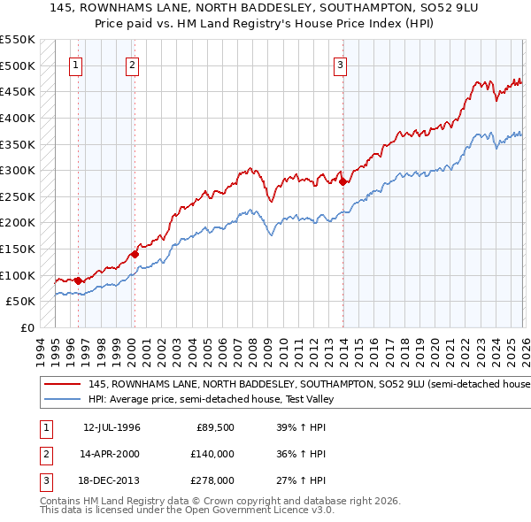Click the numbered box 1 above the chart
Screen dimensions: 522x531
coord(75,64)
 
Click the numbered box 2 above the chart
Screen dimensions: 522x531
coord(131,64)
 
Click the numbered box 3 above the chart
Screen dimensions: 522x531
coord(340,64)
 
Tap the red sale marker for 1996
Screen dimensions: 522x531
coord(78,280)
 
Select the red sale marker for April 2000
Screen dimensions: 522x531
coord(135,254)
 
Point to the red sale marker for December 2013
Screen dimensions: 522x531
coord(342,181)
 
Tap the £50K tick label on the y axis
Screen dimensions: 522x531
coord(21,302)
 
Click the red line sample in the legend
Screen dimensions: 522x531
coord(62,385)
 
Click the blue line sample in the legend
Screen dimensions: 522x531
coord(62,399)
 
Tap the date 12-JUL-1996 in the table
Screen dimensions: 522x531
coord(112,428)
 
